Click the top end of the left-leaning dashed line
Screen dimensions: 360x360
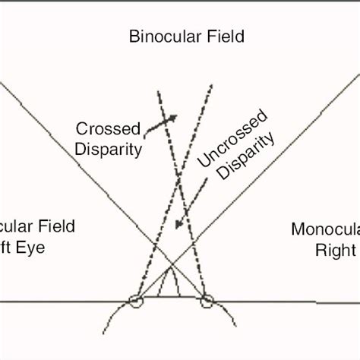(158, 91)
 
